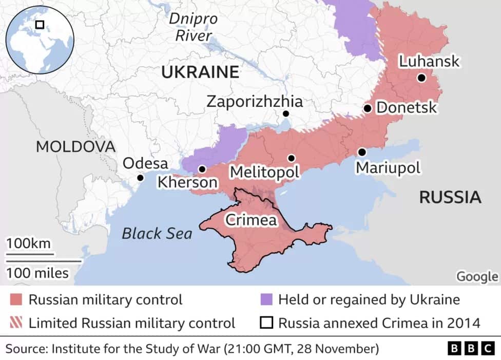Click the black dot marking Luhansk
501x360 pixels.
coord(421,78)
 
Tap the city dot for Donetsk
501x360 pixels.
coord(368,108)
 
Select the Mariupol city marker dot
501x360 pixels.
coord(362,152)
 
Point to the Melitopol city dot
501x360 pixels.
coord(291,158)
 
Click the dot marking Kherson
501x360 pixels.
coord(202,169)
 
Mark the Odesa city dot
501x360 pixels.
coord(140,178)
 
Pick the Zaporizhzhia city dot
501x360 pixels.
coord(285,114)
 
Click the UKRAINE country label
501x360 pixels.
coord(200,72)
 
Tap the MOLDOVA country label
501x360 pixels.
coord(75,146)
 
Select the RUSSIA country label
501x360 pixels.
coord(450,197)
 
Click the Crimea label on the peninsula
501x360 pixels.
coord(252,220)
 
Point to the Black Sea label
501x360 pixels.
coord(157,234)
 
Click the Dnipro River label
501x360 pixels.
coord(194,27)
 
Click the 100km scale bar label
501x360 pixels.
coord(30,243)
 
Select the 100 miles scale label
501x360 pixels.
coord(37,273)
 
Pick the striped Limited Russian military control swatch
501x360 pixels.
coord(16,323)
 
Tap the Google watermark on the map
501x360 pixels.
coord(477,276)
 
